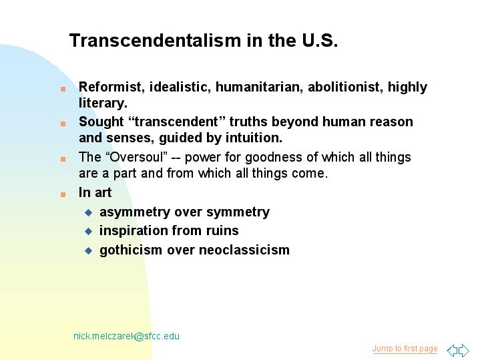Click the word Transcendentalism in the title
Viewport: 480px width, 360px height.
[155, 41]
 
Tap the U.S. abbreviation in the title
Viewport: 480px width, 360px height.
[320, 41]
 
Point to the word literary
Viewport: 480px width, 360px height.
[103, 104]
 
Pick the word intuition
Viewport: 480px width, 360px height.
[254, 138]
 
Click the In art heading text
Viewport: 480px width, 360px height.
[95, 193]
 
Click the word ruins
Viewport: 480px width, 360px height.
[222, 230]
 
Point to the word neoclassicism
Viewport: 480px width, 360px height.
[244, 250]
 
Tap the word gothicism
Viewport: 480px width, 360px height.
[131, 250]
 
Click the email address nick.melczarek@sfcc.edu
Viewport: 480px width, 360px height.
[126, 336]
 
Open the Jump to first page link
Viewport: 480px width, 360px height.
[405, 349]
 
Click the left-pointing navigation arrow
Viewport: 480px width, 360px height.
[452, 350]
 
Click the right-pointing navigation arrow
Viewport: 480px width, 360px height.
[463, 350]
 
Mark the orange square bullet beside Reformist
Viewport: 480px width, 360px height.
[63, 89]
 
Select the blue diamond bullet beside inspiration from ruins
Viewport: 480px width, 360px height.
[89, 231]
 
